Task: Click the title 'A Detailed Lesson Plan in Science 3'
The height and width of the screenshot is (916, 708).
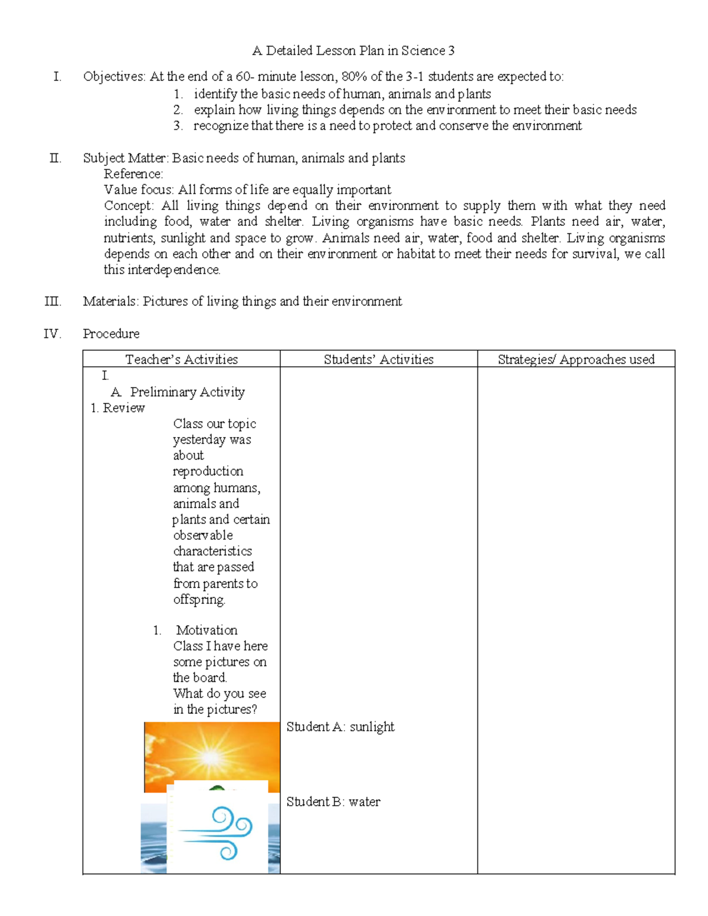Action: (x=353, y=51)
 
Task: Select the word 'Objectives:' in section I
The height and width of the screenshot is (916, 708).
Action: (x=114, y=77)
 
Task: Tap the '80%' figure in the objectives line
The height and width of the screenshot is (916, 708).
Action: (x=355, y=77)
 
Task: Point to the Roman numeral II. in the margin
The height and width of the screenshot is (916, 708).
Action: (x=55, y=158)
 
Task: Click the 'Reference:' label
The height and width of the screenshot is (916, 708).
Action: (x=133, y=174)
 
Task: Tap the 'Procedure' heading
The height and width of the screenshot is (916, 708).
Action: (x=111, y=334)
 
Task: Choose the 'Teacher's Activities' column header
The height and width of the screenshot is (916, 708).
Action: (x=181, y=359)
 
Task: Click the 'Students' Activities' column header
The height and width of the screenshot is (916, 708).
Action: (x=378, y=359)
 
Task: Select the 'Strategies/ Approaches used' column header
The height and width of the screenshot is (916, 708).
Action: (x=576, y=359)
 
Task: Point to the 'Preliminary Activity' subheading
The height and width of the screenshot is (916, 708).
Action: (x=187, y=392)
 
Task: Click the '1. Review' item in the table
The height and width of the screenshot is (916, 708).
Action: (x=118, y=408)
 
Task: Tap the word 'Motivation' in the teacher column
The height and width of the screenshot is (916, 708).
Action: (x=206, y=630)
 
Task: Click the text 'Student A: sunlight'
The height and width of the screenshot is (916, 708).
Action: (x=340, y=727)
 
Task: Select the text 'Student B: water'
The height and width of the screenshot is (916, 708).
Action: (x=333, y=802)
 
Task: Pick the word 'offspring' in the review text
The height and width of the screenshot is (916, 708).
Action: (x=199, y=600)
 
